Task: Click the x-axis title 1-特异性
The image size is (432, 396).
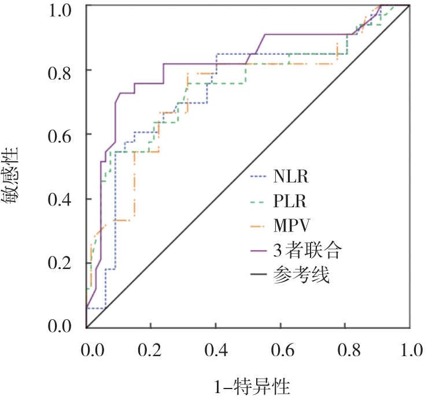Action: coord(247,383)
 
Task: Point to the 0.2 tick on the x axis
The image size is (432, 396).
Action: coord(150,350)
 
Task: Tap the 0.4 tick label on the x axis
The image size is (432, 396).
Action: coord(215,350)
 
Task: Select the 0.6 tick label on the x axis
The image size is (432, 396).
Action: coord(280,350)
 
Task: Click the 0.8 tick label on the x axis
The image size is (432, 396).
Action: coord(345,350)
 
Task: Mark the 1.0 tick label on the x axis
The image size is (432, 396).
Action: coord(409,350)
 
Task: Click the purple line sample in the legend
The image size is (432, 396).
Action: coord(259,252)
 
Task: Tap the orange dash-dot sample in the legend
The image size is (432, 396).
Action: coord(259,226)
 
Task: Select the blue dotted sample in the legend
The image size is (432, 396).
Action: coord(259,177)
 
